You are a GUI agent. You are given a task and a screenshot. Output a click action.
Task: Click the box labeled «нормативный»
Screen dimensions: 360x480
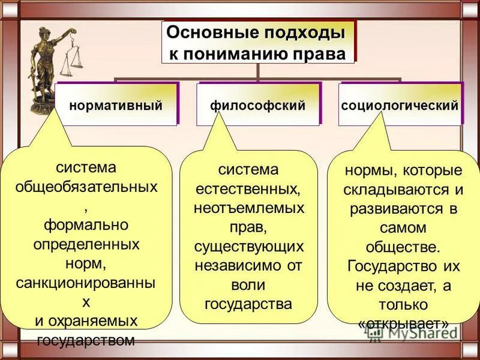[x=116, y=105]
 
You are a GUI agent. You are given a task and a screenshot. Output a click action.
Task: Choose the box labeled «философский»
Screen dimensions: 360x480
[x=257, y=105]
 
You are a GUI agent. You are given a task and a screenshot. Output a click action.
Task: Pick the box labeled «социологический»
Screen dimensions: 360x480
[x=400, y=105]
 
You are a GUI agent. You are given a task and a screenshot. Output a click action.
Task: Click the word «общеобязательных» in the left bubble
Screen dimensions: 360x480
[x=86, y=187]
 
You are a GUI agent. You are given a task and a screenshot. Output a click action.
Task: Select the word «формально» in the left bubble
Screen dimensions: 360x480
[x=86, y=225]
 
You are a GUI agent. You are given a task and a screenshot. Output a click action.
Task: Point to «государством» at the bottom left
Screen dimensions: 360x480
[x=86, y=341]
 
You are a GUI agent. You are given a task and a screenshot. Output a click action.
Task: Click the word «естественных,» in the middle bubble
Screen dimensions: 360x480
[x=249, y=190]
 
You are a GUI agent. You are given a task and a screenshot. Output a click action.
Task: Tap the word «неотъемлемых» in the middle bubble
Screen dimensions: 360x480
[x=249, y=209]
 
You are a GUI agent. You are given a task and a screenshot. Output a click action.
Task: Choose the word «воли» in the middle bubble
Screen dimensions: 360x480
[x=248, y=285]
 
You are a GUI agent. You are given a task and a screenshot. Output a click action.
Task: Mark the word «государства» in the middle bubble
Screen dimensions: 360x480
[x=248, y=304]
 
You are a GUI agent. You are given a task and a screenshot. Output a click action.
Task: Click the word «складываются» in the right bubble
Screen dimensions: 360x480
[x=397, y=190]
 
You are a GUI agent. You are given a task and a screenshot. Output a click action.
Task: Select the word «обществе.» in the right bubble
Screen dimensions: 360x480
[x=403, y=247]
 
